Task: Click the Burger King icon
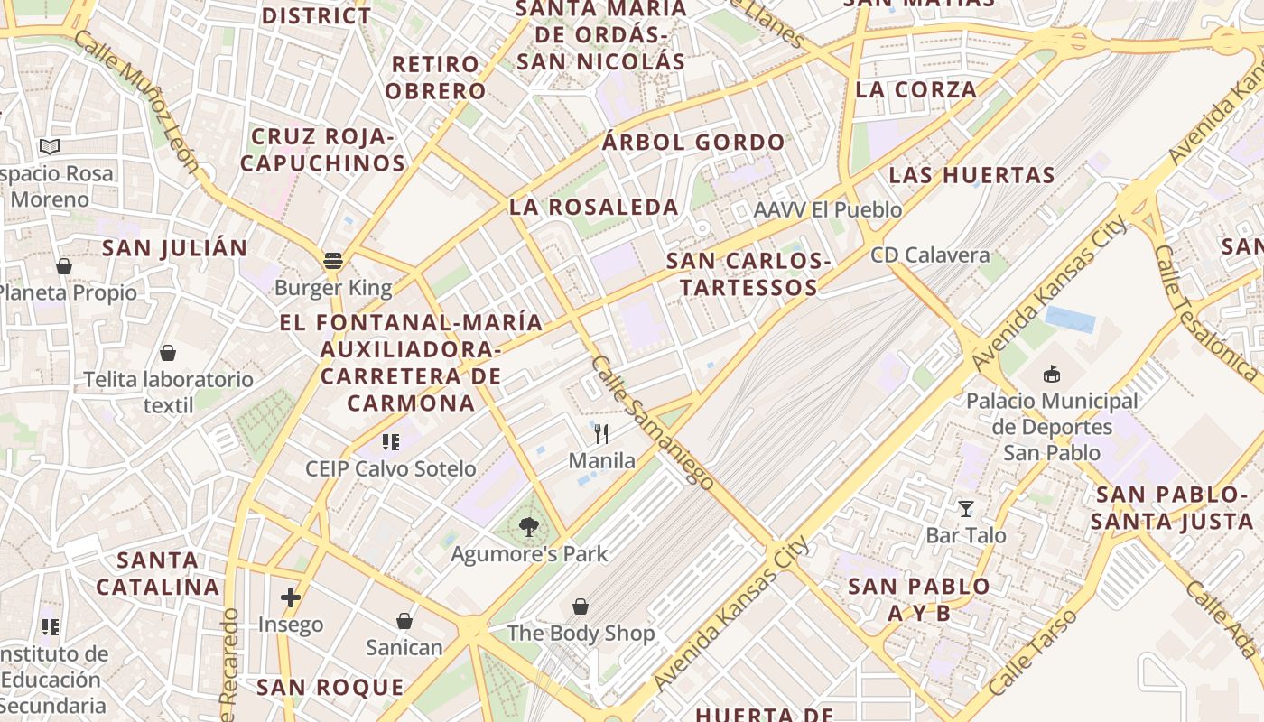point(333,262)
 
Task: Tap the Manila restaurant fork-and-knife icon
point(602,434)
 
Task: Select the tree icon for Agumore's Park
point(529,527)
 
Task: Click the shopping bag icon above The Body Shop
point(581,606)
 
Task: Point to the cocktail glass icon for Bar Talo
point(966,509)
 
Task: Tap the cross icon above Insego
point(291,597)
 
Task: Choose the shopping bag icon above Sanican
point(404,621)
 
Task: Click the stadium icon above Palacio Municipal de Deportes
point(1052,374)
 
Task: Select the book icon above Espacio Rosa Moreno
point(50,146)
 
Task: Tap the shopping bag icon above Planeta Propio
point(64,266)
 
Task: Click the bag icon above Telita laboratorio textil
point(168,353)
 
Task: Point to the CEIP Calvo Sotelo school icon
point(391,442)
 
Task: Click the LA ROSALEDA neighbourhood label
point(594,207)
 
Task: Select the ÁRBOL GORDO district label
point(693,142)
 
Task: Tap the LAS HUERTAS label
point(972,175)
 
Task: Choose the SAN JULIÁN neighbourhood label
point(174,248)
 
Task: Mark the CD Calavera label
point(930,255)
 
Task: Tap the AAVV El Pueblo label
point(828,210)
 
